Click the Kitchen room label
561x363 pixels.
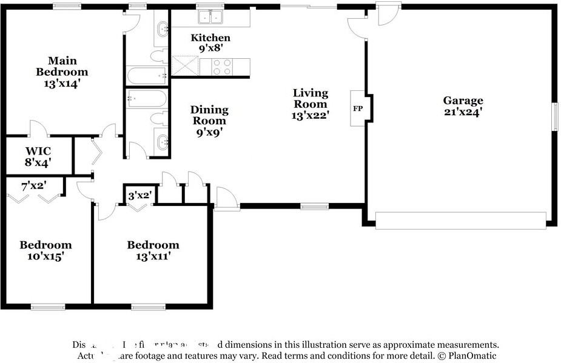click(210, 38)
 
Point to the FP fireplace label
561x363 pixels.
click(357, 108)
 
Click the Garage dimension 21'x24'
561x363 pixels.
click(463, 112)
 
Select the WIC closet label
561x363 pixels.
click(38, 150)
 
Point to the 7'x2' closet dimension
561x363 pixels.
click(33, 186)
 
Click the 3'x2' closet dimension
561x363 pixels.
click(139, 195)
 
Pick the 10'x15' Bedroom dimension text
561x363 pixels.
click(45, 256)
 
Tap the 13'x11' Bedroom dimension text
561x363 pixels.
click(152, 256)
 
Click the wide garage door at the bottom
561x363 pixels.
click(460, 220)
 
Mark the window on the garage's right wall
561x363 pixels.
click(554, 116)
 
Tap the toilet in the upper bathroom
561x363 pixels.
click(159, 56)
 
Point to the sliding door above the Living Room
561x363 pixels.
click(308, 6)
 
